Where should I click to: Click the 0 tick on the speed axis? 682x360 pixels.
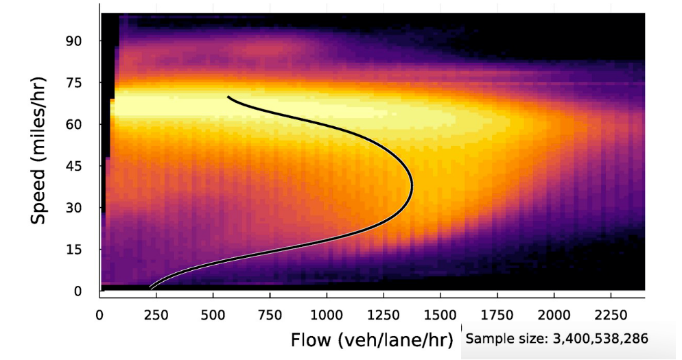click(78, 291)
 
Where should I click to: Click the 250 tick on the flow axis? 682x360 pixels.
click(156, 314)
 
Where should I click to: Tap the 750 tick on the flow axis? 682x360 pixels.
click(270, 314)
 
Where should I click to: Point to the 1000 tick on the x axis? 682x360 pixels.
click(327, 314)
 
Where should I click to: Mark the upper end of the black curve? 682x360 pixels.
click(228, 97)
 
